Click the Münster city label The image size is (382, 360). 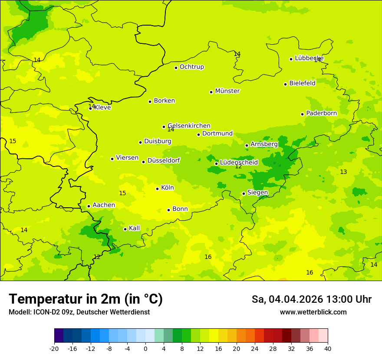[227, 91]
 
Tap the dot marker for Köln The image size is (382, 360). [158, 189]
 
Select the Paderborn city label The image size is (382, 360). [321, 113]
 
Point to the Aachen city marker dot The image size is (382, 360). [89, 206]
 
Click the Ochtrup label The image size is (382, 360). [192, 67]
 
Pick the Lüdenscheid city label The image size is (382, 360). [239, 163]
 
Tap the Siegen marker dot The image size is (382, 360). [244, 194]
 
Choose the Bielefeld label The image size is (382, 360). [302, 83]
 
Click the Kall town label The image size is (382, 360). [135, 228]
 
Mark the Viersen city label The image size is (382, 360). [127, 158]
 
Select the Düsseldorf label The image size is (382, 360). [164, 160]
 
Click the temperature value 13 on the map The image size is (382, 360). [343, 172]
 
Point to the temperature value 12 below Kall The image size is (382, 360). [97, 257]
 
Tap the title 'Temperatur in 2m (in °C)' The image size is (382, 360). [86, 299]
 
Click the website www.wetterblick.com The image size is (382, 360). [313, 312]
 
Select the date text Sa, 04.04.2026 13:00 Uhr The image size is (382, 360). [311, 299]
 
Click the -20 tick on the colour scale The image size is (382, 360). [54, 349]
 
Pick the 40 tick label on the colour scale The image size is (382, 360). [327, 349]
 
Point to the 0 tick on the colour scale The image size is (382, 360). [145, 349]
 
